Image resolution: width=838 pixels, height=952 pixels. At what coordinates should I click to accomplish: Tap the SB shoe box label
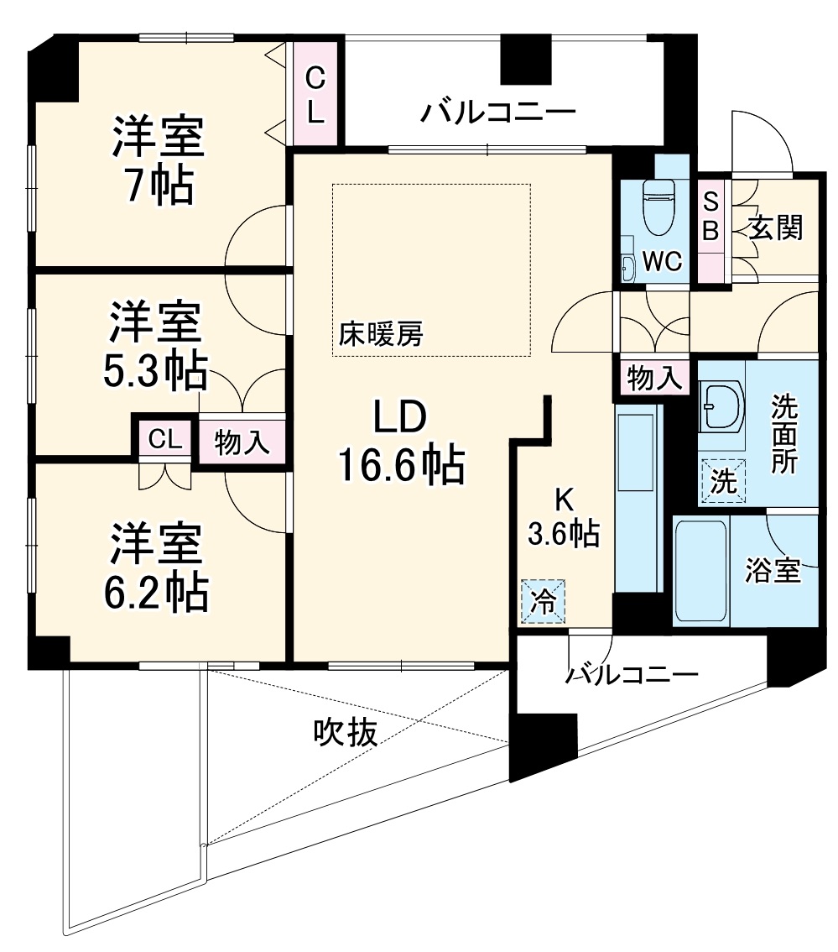pos(710,217)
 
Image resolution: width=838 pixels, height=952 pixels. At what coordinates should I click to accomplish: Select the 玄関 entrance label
pos(776,228)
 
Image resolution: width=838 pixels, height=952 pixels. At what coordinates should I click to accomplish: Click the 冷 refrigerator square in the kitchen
pos(544,602)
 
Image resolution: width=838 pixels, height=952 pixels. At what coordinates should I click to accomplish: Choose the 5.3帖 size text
pos(154,371)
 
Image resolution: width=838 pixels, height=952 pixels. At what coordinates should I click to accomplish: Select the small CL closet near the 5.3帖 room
pos(165,438)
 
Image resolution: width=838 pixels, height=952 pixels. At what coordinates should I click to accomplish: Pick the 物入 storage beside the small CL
pos(242,442)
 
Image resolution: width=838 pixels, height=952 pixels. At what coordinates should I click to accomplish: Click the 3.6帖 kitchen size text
pos(562,532)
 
